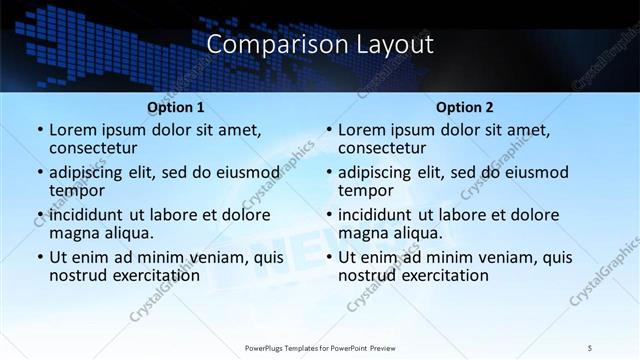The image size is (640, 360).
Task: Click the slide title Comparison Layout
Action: (320, 45)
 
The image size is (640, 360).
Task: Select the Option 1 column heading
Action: (175, 107)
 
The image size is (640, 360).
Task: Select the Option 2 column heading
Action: (464, 107)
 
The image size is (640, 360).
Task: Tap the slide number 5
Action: (590, 347)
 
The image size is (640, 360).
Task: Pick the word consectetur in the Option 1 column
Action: (92, 148)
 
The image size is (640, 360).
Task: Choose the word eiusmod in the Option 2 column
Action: (536, 172)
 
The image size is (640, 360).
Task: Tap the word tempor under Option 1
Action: (74, 191)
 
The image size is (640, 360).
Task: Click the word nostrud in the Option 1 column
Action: (76, 275)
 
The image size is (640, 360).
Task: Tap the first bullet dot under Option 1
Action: (39, 131)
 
